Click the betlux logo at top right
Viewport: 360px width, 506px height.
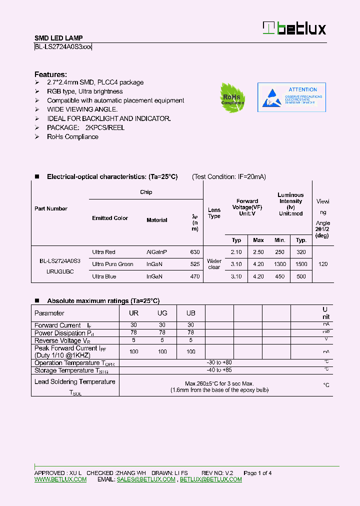[294, 28]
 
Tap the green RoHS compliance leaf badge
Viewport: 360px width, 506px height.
[232, 97]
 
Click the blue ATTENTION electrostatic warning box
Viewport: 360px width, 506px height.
[291, 97]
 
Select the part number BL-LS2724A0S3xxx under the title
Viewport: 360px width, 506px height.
[63, 47]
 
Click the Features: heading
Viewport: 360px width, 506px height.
[50, 73]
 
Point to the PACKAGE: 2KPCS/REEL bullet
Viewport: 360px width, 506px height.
[85, 127]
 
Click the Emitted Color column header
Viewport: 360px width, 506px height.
[110, 218]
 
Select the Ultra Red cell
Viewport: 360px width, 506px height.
[104, 252]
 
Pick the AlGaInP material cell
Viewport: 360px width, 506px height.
[157, 252]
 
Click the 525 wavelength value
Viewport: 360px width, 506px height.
[195, 264]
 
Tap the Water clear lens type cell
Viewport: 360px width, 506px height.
[214, 264]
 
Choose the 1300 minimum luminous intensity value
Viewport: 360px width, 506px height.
[280, 264]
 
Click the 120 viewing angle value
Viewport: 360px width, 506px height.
[323, 264]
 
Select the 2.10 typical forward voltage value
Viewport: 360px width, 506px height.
[236, 252]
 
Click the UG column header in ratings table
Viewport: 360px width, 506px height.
[162, 313]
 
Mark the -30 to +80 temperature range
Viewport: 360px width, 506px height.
[219, 362]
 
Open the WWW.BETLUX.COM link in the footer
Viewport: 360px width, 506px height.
[60, 479]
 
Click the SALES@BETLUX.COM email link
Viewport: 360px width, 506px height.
[146, 479]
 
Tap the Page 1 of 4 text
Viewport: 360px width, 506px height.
[257, 473]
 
